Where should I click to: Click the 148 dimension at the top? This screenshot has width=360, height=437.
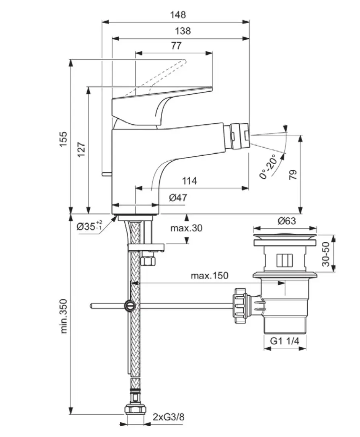click(x=178, y=15)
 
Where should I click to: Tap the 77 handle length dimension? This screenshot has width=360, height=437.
click(x=176, y=45)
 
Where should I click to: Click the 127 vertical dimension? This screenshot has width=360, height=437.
click(x=80, y=149)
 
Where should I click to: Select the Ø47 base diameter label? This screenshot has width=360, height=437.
click(x=178, y=198)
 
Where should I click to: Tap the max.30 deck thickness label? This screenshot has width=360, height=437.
click(x=186, y=228)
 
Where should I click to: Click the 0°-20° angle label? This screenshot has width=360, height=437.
click(x=268, y=166)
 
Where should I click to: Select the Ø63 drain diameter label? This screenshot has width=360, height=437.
click(x=286, y=221)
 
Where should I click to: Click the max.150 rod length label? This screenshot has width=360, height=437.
click(x=209, y=276)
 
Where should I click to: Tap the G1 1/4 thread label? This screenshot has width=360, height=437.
click(x=285, y=341)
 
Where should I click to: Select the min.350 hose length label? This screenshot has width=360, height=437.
click(x=64, y=316)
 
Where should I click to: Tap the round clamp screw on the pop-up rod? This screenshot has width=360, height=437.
click(x=130, y=306)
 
